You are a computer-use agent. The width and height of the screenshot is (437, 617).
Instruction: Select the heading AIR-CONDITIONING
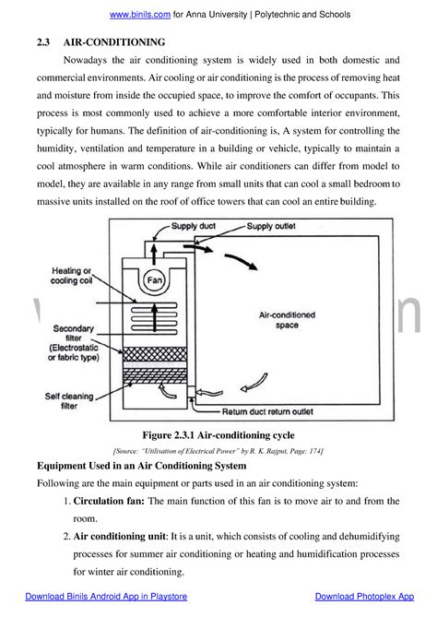(114, 42)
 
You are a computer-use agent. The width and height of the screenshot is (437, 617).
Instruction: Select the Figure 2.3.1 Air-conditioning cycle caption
(218, 433)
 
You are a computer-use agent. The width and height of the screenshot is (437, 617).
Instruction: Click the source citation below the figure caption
(218, 449)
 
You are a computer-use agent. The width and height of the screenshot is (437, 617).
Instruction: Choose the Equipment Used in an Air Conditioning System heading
(140, 466)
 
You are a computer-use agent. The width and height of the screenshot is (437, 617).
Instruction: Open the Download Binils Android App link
(106, 597)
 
